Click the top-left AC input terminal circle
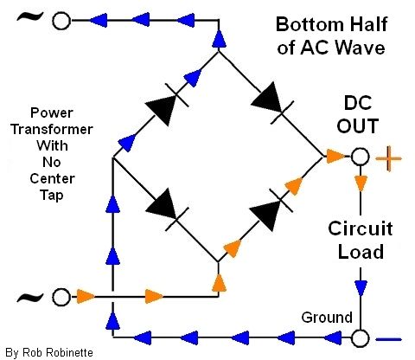click(61, 21)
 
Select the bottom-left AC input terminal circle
click(61, 297)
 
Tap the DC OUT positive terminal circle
click(360, 157)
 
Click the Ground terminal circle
click(360, 338)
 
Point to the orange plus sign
click(388, 158)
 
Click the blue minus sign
click(389, 339)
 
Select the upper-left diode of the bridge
click(167, 105)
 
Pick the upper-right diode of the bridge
click(272, 103)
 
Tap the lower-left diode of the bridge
click(167, 209)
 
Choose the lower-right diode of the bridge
click(271, 209)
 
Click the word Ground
click(327, 318)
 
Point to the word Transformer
click(52, 129)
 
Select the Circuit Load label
click(361, 240)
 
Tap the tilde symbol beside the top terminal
click(30, 17)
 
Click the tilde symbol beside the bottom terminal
click(30, 297)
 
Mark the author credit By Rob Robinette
click(49, 352)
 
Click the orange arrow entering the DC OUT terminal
click(335, 157)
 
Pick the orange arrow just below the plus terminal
click(361, 183)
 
